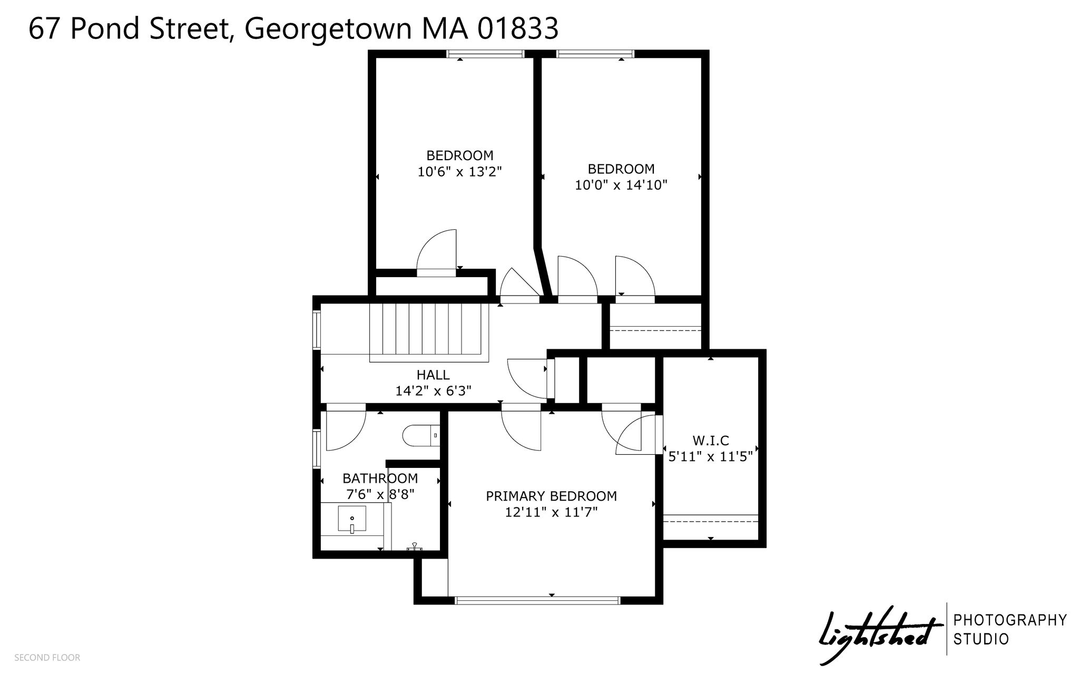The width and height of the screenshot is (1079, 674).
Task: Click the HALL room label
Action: point(433,375)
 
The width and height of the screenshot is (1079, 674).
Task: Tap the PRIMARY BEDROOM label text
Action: point(551,496)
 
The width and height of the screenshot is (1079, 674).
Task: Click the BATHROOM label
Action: point(380,478)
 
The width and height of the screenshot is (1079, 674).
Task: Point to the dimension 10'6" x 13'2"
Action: point(459,172)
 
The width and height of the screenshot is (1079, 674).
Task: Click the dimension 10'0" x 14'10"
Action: point(621,185)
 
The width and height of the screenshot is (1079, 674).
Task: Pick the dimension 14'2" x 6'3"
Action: point(433,391)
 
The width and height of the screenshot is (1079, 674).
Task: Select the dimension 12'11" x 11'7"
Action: point(551,512)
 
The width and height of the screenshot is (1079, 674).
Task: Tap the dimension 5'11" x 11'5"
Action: point(710,456)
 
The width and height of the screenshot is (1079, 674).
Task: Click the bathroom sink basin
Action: point(352,519)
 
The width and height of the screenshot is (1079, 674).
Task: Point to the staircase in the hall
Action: point(429,332)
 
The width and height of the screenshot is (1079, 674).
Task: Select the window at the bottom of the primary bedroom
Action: point(537,600)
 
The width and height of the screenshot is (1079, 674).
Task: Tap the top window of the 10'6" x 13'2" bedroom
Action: point(486,53)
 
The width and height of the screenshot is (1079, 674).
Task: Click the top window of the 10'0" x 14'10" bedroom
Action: point(595,53)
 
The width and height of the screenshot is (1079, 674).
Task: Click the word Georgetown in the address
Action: point(328,30)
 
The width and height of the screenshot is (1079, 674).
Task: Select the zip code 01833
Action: point(517,28)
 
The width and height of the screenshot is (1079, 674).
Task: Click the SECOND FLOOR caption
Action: point(47,658)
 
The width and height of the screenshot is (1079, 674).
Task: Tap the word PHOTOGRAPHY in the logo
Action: point(1010,620)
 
